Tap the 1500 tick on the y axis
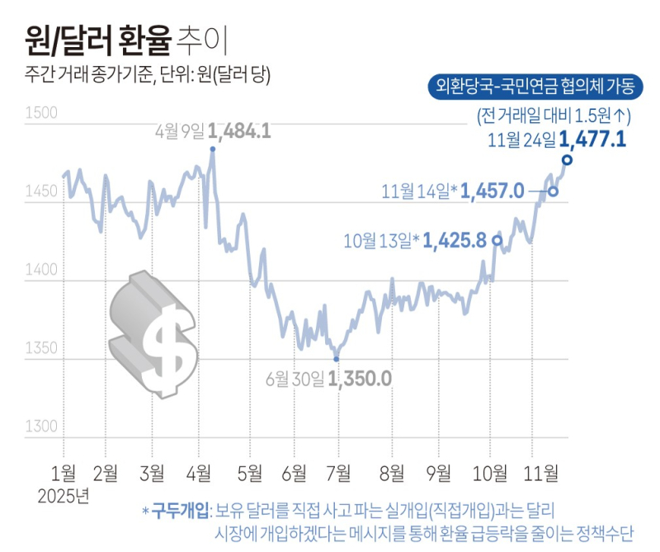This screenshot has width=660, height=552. point(40,114)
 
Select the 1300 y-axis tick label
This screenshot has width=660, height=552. point(40,427)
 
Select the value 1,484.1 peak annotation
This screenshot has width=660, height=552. point(239,130)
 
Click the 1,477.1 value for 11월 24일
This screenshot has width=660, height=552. point(592,139)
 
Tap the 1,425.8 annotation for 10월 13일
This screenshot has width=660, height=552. point(456,241)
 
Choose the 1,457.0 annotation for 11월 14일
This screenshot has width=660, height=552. point(493,191)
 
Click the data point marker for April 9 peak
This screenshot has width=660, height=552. point(213,149)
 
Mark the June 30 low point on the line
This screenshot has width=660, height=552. point(336,359)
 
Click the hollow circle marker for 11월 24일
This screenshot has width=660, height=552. point(567,159)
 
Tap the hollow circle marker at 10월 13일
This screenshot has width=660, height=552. point(497,240)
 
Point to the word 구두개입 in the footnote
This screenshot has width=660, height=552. point(181,511)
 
